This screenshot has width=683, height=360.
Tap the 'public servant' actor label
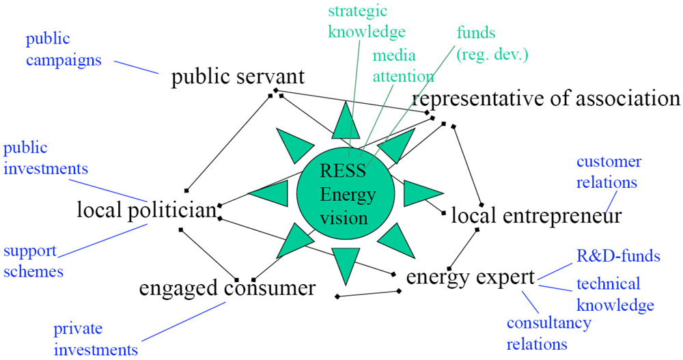[238, 77]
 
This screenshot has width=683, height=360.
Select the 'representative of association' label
[546, 98]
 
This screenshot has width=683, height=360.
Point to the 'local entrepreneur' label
[536, 216]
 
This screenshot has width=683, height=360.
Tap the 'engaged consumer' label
[227, 288]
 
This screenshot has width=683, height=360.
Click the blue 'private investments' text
[96, 340]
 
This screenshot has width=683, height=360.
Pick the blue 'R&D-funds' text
[616, 256]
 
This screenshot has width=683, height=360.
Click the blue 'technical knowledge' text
[615, 294]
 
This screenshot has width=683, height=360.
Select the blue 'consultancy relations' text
[549, 333]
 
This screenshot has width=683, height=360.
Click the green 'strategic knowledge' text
[367, 21]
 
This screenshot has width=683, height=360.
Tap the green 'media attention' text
[403, 66]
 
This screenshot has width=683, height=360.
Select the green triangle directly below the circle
[346, 262]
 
